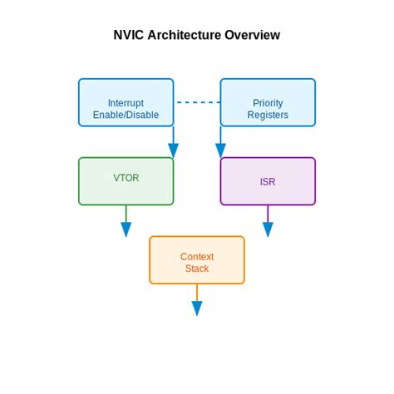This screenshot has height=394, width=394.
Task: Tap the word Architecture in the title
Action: coord(185,36)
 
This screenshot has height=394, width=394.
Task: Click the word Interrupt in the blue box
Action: coord(126,103)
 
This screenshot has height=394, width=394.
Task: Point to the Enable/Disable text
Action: coord(126,116)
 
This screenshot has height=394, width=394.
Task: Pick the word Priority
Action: coord(268,103)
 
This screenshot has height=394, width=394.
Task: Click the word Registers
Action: coord(268,116)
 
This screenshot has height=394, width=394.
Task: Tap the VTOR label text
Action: coord(126,178)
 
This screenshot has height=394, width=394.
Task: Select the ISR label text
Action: coord(268,181)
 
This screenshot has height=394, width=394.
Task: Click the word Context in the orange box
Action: coord(197,257)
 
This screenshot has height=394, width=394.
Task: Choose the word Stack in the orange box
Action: coord(197,269)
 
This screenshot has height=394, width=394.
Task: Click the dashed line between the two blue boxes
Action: coord(197,102)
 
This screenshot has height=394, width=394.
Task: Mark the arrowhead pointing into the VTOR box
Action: coord(173,150)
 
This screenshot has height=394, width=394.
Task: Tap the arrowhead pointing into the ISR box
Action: coord(221,150)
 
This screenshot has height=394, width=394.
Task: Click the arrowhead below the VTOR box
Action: coord(126,230)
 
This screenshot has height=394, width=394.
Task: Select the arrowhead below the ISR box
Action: coord(268,230)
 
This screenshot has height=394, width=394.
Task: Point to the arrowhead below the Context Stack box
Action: coord(197,308)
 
